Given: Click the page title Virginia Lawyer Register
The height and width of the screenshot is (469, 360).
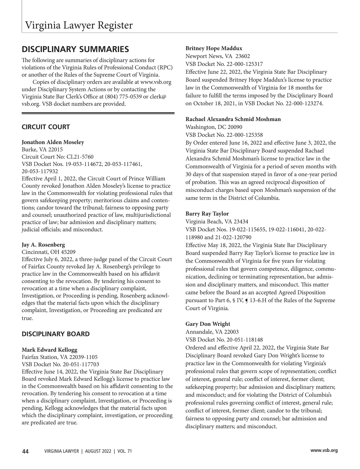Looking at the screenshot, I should [79, 25].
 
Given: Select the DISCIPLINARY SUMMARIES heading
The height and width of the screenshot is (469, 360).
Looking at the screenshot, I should [75, 49].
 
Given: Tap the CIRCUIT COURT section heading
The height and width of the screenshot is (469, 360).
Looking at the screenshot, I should [46, 127].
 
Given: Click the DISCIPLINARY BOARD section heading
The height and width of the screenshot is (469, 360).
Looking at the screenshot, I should [55, 334].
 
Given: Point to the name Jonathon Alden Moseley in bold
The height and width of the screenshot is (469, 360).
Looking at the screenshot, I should [53, 142].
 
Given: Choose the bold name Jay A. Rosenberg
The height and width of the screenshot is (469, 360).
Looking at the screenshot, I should [43, 245].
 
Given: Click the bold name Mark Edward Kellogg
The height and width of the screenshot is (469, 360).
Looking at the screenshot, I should [49, 350].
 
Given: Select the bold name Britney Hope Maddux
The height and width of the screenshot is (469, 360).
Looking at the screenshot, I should [214, 48].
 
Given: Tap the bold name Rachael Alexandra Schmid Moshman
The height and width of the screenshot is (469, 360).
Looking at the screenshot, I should [233, 119].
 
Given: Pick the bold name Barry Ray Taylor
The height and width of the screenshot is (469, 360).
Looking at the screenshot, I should [207, 214].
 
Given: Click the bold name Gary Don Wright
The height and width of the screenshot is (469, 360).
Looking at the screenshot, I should [208, 324].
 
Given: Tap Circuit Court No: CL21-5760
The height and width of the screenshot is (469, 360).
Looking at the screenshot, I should [58, 157].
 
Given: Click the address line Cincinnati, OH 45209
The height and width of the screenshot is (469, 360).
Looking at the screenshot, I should [49, 252].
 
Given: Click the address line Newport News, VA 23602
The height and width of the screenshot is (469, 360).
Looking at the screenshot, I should [218, 56].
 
